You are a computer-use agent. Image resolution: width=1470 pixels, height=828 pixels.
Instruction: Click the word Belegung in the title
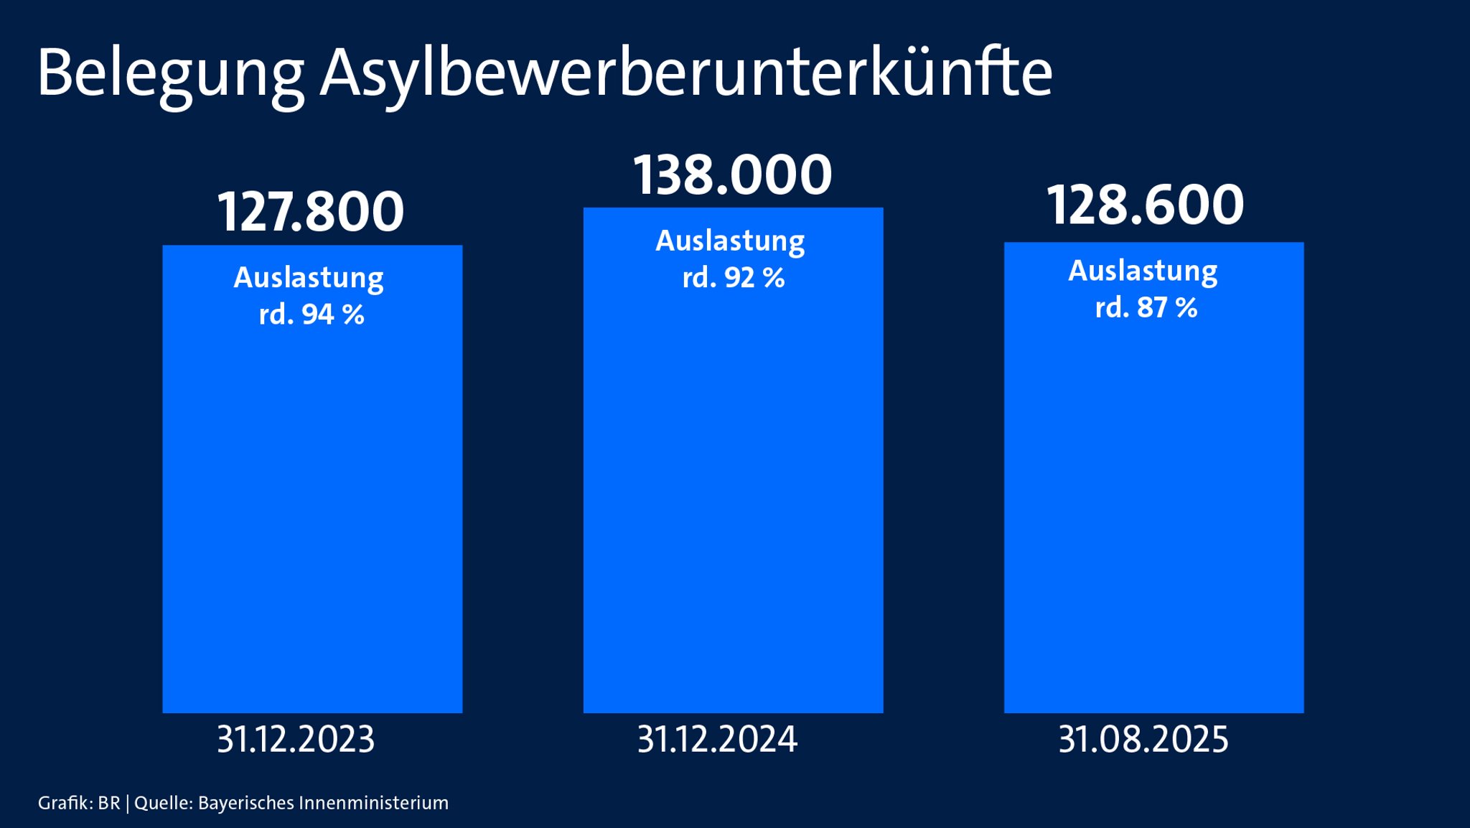coord(171,74)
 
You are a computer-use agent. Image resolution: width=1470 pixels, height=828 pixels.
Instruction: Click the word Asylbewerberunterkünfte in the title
coord(686,74)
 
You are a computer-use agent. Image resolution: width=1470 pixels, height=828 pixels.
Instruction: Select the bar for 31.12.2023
coord(312,503)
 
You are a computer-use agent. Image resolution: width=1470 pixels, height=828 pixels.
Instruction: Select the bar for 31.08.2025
coord(1153,503)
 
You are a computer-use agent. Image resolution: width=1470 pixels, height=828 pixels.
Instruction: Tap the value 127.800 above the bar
coord(311,212)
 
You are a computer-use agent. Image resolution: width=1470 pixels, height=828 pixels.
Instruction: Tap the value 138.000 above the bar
coord(732,175)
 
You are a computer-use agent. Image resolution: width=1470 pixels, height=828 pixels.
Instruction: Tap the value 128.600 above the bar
coord(1145,205)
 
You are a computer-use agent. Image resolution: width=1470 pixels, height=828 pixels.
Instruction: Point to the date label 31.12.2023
coord(296,740)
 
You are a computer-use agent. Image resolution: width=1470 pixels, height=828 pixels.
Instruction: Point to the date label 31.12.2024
coord(717,740)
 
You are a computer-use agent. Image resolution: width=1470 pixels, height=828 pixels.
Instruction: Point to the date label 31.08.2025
coord(1143,740)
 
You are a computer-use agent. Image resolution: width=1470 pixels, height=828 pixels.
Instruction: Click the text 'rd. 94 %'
coord(312,315)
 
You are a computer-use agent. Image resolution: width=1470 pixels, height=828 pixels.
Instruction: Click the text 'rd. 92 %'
coord(733,278)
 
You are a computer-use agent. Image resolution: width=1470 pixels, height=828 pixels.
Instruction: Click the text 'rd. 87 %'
coord(1146,308)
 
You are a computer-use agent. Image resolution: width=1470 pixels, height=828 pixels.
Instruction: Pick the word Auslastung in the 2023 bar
coord(309,278)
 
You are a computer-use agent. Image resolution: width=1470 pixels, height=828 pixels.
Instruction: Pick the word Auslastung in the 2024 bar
coord(730,241)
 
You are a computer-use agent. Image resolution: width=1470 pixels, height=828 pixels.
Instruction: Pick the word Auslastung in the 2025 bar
coord(1143,271)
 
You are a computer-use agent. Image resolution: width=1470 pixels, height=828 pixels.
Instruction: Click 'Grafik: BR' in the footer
coord(79,803)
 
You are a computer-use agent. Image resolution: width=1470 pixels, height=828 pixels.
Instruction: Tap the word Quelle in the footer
coord(163,803)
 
